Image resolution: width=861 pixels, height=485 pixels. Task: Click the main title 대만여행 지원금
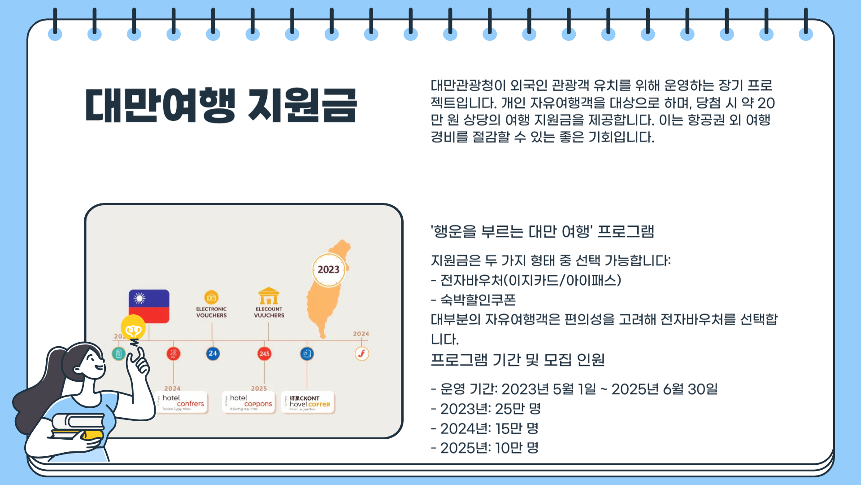(221, 106)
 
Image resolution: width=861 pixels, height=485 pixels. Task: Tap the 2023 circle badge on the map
(329, 269)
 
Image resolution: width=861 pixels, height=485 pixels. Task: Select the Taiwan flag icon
(149, 306)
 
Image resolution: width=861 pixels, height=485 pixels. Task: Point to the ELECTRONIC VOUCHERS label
(211, 312)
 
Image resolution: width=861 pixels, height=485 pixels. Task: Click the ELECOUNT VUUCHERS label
(269, 312)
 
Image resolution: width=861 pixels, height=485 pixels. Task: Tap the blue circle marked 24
(213, 353)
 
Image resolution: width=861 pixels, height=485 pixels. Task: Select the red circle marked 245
(264, 353)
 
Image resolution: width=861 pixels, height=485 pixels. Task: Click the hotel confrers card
(182, 402)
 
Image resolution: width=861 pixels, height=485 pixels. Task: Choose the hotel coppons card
(249, 402)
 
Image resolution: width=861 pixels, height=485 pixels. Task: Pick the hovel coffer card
(308, 402)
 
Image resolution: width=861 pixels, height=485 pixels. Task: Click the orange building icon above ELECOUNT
(269, 296)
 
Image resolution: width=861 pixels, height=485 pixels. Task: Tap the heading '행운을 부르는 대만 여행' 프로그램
(542, 232)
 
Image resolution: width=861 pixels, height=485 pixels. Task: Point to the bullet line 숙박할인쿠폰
(478, 300)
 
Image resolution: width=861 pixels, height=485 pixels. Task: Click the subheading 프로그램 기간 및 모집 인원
(517, 360)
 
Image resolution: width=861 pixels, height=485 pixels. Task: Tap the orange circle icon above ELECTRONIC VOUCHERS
(211, 297)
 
